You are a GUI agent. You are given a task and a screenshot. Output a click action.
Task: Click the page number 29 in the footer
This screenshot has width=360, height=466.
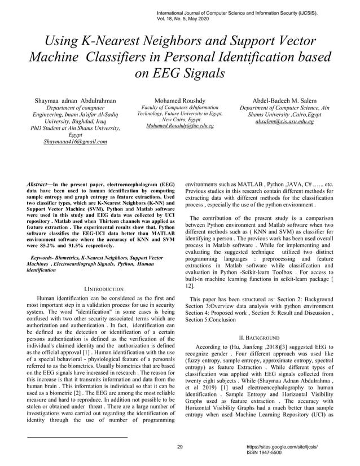point(180,447)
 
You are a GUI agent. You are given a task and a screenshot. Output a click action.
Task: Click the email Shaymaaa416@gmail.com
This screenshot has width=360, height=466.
point(75,142)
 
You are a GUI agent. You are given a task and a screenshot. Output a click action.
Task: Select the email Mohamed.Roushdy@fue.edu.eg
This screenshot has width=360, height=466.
point(180,127)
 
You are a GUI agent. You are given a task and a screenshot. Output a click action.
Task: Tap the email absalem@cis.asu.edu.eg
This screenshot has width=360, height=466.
point(284,121)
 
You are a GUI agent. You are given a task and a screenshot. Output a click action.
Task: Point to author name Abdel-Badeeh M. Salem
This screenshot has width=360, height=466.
point(284,100)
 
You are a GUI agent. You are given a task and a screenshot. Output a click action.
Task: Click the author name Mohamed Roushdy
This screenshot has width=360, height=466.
point(180,100)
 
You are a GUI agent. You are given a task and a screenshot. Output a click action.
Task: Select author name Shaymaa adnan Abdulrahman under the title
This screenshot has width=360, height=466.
point(75,100)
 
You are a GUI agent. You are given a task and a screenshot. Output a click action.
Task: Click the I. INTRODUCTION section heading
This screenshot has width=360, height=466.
point(103,289)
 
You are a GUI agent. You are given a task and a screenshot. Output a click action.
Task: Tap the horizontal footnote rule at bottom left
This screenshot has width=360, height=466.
point(77,437)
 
